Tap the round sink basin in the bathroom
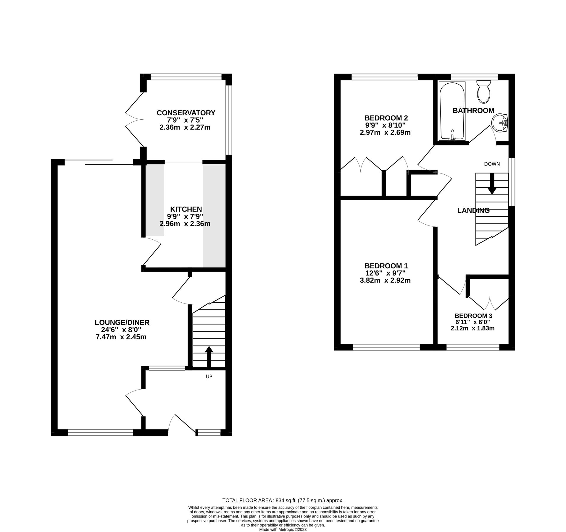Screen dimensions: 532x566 point(499,123)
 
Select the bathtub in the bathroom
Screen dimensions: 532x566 point(451,111)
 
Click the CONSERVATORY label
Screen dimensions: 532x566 point(186,113)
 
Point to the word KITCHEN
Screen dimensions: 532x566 point(186,209)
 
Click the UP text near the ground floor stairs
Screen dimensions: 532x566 point(209,377)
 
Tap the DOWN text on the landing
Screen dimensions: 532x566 point(492,164)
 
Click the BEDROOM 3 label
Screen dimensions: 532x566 point(473,316)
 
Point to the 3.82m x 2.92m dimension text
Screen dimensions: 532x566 point(385,280)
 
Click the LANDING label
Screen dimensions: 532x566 point(473,210)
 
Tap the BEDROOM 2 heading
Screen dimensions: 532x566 point(386,118)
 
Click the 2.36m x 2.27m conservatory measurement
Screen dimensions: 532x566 point(185,128)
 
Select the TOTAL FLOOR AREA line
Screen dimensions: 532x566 point(283,501)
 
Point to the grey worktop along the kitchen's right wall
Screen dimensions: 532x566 point(214,216)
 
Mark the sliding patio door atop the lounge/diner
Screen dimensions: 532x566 point(99,162)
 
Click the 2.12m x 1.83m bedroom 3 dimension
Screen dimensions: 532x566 point(472,328)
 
